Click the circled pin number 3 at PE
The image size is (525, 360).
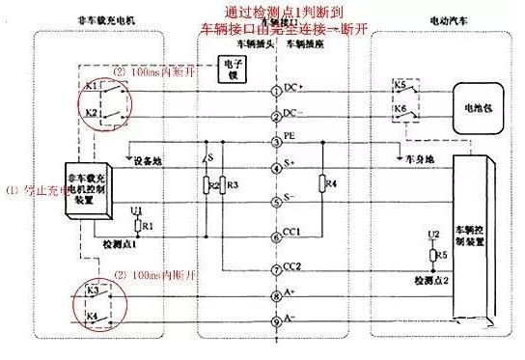point(277,143)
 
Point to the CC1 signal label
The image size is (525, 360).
point(292,232)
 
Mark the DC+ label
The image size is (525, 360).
point(294,88)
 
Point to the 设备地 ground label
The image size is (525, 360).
point(149,160)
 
